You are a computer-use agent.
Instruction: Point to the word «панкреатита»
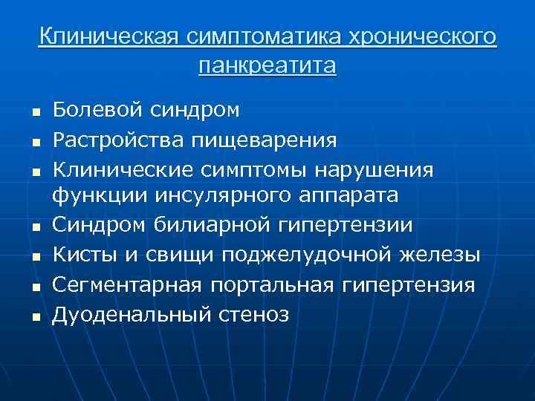click(267, 65)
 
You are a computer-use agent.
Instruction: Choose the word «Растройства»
click(112, 139)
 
